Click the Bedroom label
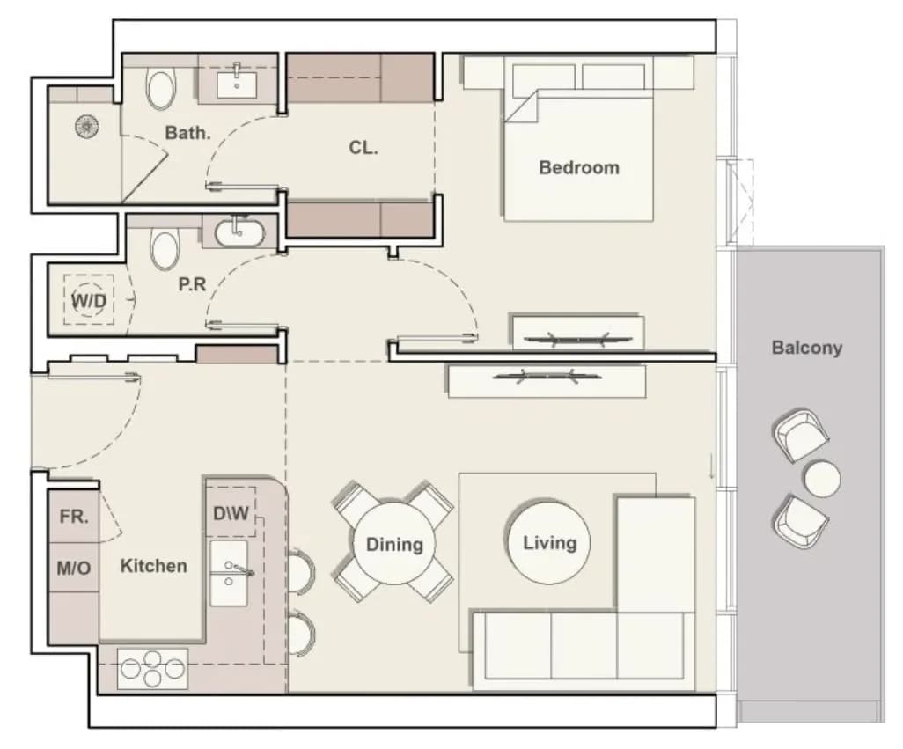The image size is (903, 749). pyautogui.click(x=579, y=167)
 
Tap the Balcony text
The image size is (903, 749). pyautogui.click(x=806, y=348)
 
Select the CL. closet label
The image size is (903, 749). pyautogui.click(x=363, y=148)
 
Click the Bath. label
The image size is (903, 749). pyautogui.click(x=187, y=132)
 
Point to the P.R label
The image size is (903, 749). pyautogui.click(x=192, y=283)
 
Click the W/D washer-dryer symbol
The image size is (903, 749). pyautogui.click(x=89, y=300)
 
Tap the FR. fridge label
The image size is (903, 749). pyautogui.click(x=74, y=517)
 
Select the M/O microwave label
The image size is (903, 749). pyautogui.click(x=74, y=569)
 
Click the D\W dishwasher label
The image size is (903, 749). pyautogui.click(x=231, y=513)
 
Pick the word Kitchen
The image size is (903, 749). pyautogui.click(x=153, y=566)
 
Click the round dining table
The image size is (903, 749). pyautogui.click(x=394, y=544)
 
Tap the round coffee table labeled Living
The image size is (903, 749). pyautogui.click(x=549, y=543)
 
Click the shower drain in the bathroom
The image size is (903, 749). pyautogui.click(x=86, y=127)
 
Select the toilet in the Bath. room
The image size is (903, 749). pyautogui.click(x=161, y=89)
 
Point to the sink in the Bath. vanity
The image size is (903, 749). pyautogui.click(x=237, y=84)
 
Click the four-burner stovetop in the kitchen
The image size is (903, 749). pyautogui.click(x=152, y=668)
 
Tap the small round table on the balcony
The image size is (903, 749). pyautogui.click(x=822, y=479)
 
